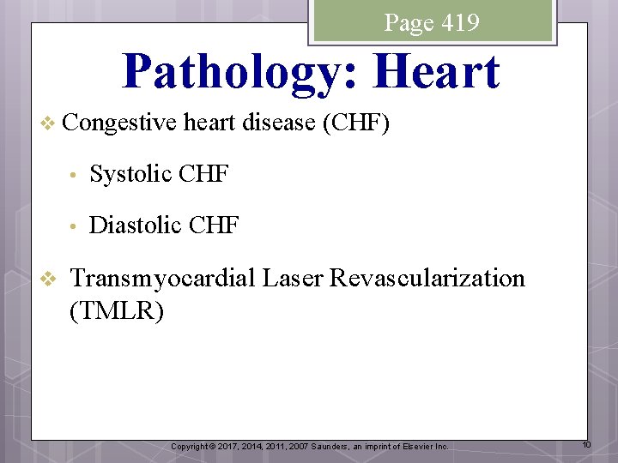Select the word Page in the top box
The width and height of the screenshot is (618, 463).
click(409, 22)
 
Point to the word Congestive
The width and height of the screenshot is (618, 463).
click(121, 123)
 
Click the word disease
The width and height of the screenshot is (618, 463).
click(278, 123)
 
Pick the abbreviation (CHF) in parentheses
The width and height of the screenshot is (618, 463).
click(356, 123)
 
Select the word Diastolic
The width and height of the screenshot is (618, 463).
click(136, 225)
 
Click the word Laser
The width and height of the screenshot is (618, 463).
click(294, 278)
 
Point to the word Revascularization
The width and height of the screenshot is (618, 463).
click(427, 278)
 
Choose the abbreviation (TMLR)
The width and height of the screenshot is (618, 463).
click(116, 310)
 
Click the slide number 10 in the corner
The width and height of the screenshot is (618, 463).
click(586, 444)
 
